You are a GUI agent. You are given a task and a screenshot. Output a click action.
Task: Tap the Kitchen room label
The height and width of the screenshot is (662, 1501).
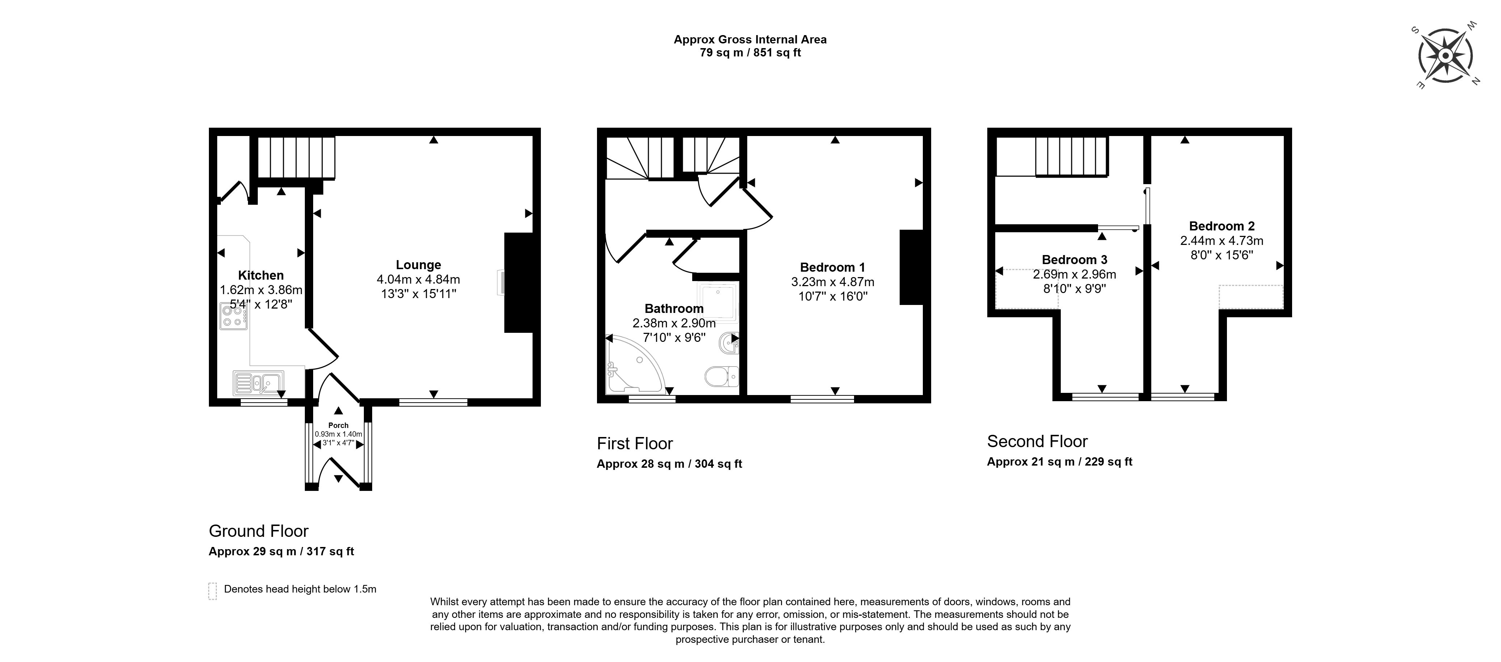(x=260, y=275)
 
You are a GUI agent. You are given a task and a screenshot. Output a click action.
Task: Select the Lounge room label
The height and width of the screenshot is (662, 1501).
(x=419, y=265)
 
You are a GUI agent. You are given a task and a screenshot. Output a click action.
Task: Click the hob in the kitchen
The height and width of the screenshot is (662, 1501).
(x=233, y=316)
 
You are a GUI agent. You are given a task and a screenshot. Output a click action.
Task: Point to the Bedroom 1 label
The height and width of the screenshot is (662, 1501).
(x=832, y=267)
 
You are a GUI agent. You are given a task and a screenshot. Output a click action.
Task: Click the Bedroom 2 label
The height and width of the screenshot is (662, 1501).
(x=1221, y=226)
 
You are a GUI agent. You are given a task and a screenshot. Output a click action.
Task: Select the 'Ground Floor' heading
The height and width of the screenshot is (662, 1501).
(x=259, y=531)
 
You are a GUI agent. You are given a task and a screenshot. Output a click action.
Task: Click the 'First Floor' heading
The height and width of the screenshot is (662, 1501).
(x=635, y=444)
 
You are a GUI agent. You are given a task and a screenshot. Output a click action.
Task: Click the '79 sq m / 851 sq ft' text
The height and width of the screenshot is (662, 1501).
(x=750, y=53)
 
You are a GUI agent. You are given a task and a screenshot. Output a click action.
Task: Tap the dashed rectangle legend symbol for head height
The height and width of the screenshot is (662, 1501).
(x=213, y=591)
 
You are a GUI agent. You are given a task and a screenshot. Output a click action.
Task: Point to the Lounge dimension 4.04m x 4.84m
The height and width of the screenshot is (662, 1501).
(x=419, y=280)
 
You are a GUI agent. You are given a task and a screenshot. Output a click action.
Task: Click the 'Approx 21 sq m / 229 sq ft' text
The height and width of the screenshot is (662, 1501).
(x=1059, y=462)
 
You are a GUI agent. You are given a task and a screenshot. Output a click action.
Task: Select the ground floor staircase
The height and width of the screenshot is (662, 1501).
(x=296, y=157)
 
